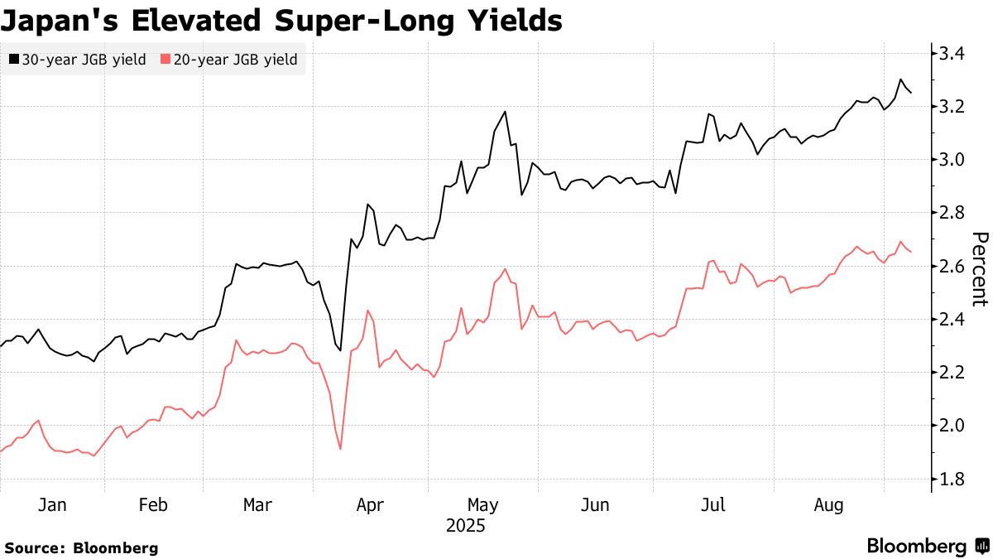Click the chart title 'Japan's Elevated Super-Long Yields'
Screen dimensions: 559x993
[282, 20]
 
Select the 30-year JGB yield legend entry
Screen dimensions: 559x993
[79, 60]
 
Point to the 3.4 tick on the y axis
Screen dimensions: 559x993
[952, 54]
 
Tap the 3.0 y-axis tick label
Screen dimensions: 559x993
[952, 160]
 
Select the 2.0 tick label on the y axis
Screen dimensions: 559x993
[952, 426]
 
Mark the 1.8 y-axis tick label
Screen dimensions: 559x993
[952, 479]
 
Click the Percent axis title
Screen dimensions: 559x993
[979, 269]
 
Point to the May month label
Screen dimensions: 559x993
[483, 505]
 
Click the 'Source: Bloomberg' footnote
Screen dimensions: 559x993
[81, 547]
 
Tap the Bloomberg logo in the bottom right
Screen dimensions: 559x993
[927, 547]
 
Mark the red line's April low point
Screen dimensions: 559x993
[340, 450]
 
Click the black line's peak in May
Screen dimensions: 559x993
[505, 112]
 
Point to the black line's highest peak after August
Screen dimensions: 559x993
[900, 80]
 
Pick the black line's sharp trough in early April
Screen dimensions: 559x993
[340, 350]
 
